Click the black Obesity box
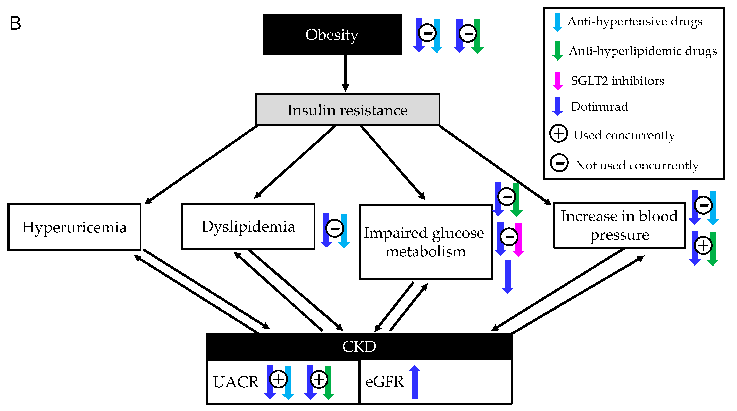(332, 34)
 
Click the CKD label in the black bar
(359, 347)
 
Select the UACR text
(236, 382)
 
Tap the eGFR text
(384, 382)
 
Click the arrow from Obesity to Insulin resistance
(345, 73)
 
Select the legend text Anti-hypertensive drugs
(635, 21)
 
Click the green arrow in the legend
(557, 51)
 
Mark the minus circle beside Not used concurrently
(559, 163)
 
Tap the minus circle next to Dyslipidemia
(335, 228)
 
